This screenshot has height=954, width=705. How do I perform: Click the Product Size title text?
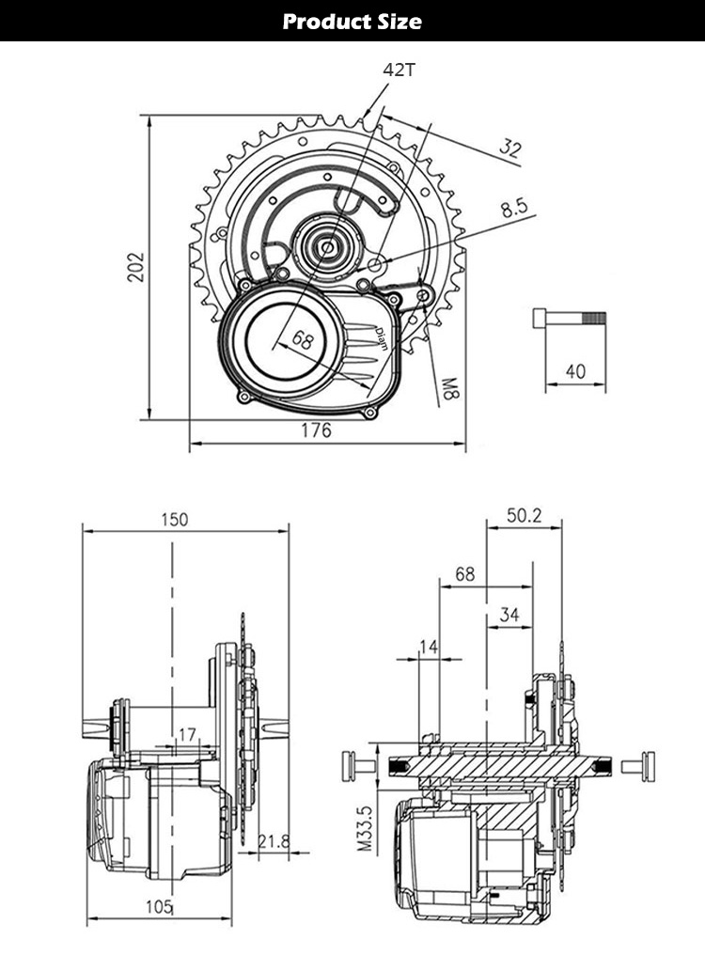coord(352,21)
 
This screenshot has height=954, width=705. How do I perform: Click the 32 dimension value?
coord(510,148)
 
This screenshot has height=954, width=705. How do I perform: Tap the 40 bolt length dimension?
coord(574,371)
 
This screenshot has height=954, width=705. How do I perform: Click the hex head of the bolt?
coord(539,318)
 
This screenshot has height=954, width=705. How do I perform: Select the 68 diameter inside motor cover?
coord(302,340)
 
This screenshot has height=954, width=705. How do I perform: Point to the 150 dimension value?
coord(173,519)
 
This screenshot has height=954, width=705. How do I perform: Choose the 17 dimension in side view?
coord(186,734)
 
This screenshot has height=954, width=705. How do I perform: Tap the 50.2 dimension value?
coord(525,516)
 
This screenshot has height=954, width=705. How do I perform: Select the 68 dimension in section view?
coord(464,573)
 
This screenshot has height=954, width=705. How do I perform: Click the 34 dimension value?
coord(509,615)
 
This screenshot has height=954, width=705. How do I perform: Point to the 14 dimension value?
coord(429,647)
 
